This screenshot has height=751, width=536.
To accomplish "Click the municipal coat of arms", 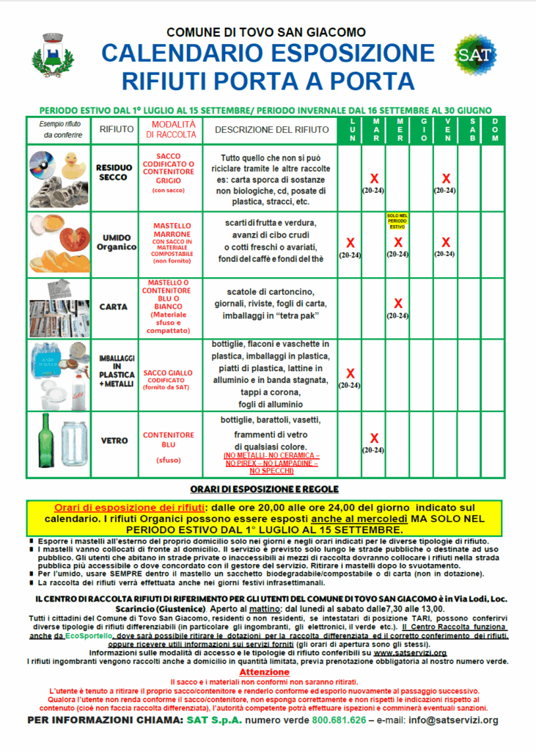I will [x=52, y=55].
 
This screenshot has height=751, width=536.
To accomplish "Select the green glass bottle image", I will [x=46, y=444].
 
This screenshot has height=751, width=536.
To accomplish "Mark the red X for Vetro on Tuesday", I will [x=374, y=439].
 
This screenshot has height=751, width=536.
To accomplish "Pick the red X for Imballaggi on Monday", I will [x=350, y=373].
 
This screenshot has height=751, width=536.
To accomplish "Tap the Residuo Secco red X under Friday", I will [x=445, y=178].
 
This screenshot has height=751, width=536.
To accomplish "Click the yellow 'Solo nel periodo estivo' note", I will [x=398, y=221].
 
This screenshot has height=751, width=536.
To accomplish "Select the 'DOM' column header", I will [x=496, y=130].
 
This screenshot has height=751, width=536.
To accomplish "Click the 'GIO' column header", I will [x=422, y=130].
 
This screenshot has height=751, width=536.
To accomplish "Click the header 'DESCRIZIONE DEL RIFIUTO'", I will [x=272, y=130].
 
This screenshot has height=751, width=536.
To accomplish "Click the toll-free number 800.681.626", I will [x=339, y=720].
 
